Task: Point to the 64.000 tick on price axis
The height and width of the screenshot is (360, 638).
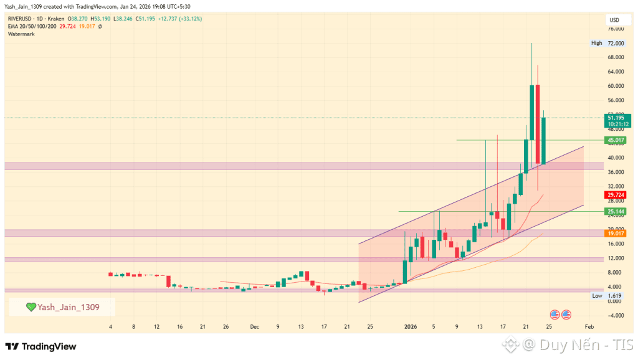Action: (x=616, y=72)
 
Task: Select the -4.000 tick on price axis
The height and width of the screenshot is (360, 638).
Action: (x=616, y=315)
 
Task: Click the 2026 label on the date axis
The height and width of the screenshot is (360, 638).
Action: (x=409, y=326)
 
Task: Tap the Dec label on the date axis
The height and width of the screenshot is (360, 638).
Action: (x=254, y=326)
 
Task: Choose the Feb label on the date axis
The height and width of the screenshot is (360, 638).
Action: (x=589, y=326)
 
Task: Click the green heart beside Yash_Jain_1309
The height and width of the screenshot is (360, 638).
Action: (x=31, y=307)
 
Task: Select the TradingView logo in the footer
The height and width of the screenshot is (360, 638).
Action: (x=40, y=346)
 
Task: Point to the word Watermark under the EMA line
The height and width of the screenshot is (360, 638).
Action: (x=21, y=34)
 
